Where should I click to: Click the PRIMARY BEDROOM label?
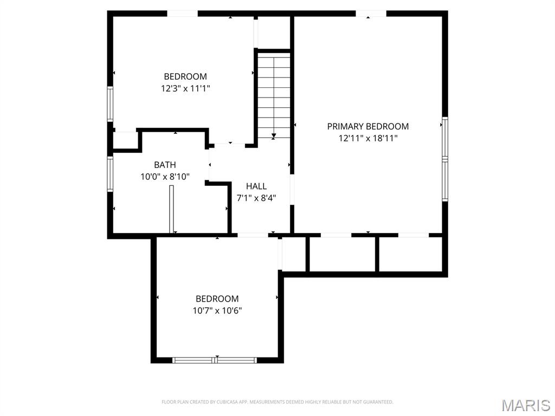(367, 126)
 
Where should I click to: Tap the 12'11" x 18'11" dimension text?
(368, 138)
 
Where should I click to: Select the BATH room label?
(165, 165)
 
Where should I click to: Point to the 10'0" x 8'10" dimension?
(165, 176)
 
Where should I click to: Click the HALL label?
(256, 186)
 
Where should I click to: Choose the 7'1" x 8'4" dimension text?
(256, 198)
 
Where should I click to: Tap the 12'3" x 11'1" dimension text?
(185, 88)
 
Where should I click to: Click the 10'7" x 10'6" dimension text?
(217, 310)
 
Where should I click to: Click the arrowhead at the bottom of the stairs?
(274, 136)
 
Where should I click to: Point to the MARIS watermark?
(525, 405)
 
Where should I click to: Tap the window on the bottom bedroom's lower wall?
(215, 360)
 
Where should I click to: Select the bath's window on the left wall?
(110, 174)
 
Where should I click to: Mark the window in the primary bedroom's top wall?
(371, 14)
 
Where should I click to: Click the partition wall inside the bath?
(172, 209)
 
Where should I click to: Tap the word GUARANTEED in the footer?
(378, 402)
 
